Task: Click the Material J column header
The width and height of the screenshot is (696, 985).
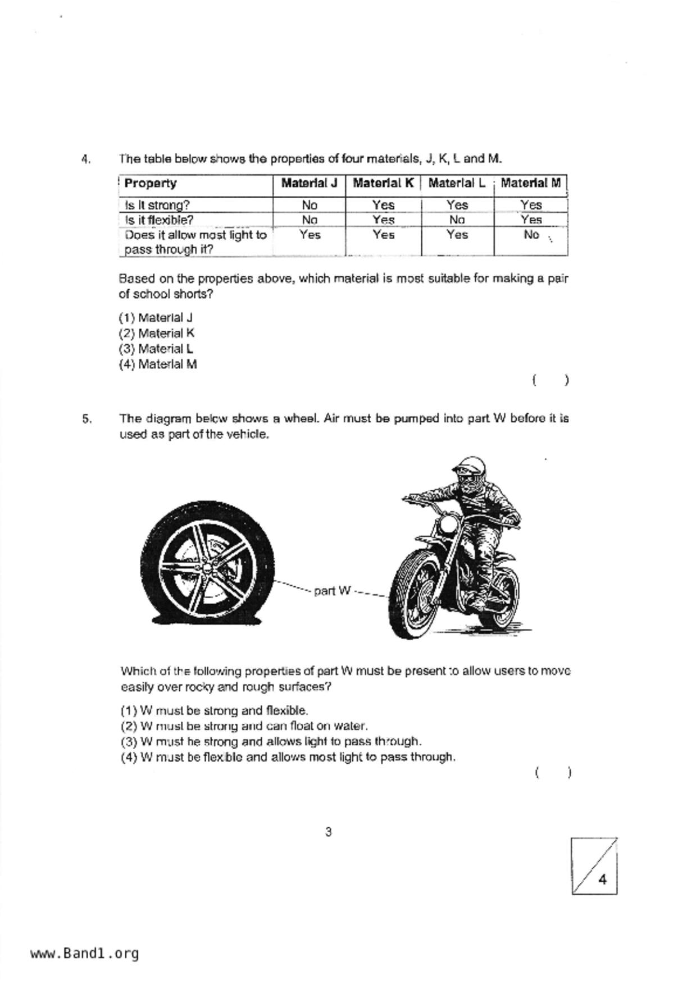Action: point(309,184)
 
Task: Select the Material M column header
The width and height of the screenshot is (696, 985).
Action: point(530,184)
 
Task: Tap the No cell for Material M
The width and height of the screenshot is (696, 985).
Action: point(531,235)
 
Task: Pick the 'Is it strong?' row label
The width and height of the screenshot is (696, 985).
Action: point(157,205)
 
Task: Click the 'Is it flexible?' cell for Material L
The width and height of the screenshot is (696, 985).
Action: point(457,220)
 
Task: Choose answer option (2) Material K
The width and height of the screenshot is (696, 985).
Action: point(157,333)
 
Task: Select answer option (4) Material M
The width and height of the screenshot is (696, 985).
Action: point(158,364)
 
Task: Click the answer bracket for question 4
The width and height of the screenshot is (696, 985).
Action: point(551,380)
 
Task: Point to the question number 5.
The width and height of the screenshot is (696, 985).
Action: point(87,419)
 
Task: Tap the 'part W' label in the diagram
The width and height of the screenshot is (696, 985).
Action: point(333,591)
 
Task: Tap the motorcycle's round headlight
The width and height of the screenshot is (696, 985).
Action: point(449,525)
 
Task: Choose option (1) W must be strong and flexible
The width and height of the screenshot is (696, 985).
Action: point(214,710)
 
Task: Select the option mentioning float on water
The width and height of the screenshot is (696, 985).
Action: point(244,726)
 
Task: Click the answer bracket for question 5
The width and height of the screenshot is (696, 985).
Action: point(553,773)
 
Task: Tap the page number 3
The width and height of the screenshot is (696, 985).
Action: point(329,832)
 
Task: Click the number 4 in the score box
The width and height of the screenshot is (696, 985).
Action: point(603,879)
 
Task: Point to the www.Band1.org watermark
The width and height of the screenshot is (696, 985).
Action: point(84,953)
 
